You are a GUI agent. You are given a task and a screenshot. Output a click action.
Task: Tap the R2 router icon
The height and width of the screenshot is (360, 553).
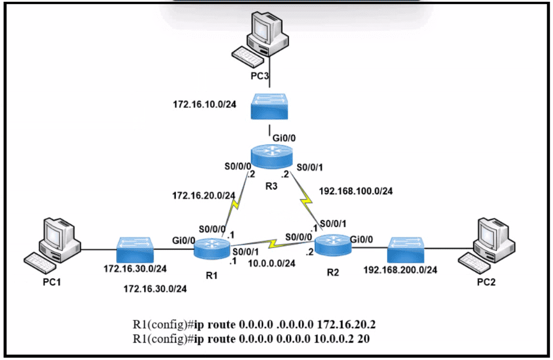coord(333,244)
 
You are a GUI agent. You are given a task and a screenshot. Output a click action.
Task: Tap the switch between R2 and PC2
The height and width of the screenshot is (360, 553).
coord(407,248)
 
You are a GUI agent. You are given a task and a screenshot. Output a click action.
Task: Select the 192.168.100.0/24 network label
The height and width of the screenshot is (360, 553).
coord(356,190)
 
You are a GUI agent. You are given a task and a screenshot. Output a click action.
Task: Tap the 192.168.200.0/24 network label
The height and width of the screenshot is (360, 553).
coord(401,270)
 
